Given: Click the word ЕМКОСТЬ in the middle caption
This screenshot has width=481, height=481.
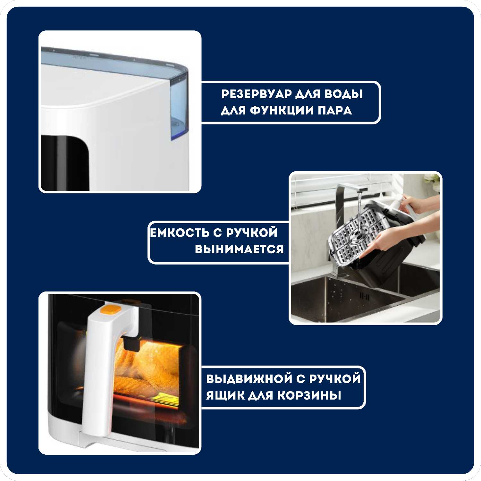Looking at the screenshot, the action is point(180,233).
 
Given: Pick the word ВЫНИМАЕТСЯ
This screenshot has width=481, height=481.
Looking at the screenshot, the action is point(239,249).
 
